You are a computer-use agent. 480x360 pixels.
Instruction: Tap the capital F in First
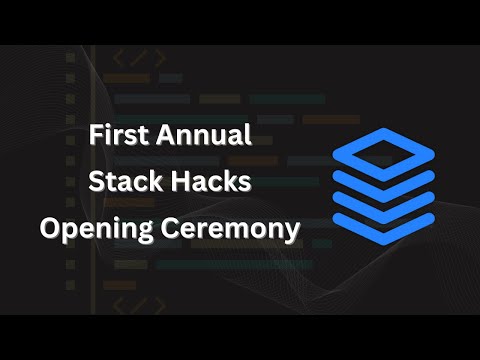click(95, 136)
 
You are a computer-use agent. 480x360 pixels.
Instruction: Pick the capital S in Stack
click(96, 183)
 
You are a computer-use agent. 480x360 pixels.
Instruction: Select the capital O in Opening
click(50, 229)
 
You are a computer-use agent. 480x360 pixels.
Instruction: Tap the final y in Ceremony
click(292, 233)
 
